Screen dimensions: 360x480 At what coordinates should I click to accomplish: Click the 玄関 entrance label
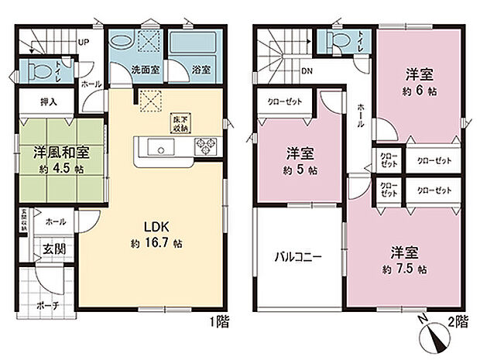coord(53,249)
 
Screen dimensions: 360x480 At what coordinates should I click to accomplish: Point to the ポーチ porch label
coord(47,305)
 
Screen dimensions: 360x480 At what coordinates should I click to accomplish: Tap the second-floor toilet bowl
coord(340,40)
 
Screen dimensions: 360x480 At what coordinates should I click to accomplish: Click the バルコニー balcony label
coord(298,257)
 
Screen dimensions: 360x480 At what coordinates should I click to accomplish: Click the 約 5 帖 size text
coord(298,169)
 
